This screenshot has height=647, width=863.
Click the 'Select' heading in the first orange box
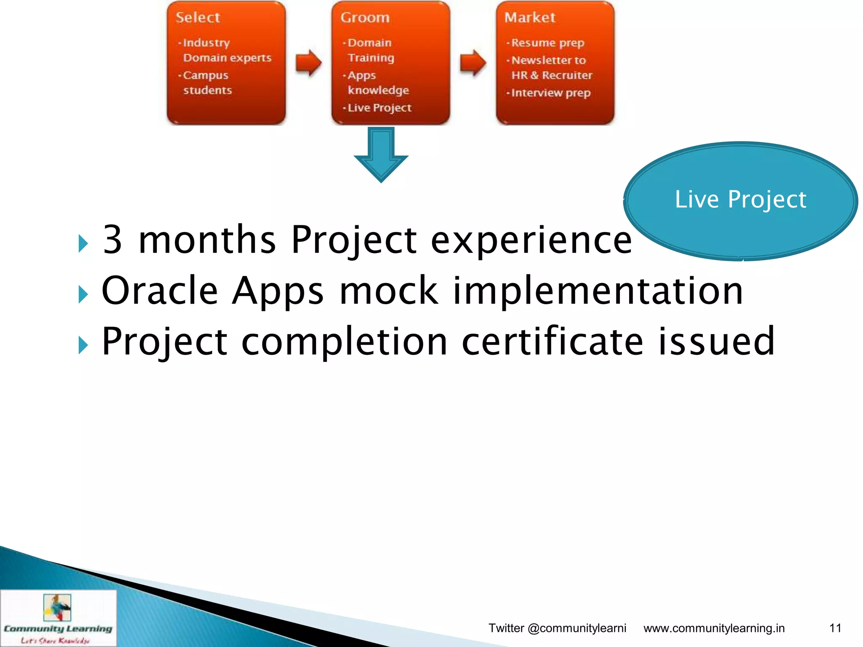198,18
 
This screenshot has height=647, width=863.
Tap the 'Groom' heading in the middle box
365,18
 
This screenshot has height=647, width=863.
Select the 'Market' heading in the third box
530,18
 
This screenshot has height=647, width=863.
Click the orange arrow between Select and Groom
308,63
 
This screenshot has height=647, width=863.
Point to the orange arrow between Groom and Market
473,63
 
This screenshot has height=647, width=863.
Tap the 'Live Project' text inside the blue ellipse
740,199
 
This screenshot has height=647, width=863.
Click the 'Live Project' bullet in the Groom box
379,108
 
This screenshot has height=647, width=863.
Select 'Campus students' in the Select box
206,83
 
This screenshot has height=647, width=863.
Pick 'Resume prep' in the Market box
547,43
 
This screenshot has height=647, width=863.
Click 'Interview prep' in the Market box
550,93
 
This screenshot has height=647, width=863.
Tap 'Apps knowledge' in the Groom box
377,83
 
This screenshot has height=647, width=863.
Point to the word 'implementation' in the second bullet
598,291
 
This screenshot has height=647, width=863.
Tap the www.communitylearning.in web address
714,628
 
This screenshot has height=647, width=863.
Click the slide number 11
835,628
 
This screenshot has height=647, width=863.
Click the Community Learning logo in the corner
58,618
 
